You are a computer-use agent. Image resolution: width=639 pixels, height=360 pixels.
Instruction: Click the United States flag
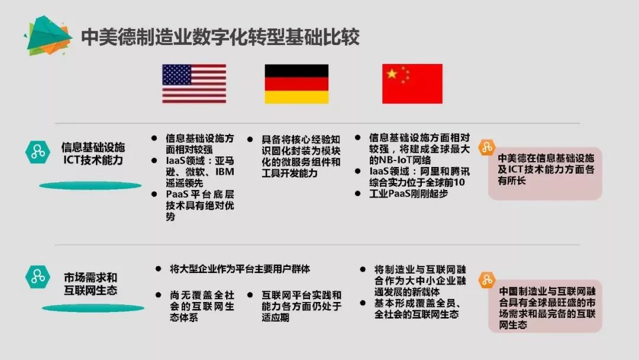click(194, 83)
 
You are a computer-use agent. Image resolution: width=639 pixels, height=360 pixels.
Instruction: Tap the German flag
click(296, 83)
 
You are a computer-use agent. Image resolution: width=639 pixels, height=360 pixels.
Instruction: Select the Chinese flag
click(412, 83)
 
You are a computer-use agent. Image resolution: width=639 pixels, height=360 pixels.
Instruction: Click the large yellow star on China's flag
click(392, 74)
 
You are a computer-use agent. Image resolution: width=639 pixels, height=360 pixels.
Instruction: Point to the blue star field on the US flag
click(177, 75)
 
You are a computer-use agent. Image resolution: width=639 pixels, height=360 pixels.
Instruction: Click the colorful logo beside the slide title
click(48, 36)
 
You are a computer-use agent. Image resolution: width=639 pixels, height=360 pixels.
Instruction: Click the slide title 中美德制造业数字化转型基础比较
click(220, 37)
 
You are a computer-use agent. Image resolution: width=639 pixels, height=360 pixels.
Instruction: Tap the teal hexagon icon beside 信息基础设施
click(37, 152)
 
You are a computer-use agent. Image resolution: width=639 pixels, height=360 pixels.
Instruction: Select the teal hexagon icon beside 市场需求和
click(37, 277)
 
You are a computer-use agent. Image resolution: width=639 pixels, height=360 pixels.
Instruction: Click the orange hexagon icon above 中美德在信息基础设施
click(486, 147)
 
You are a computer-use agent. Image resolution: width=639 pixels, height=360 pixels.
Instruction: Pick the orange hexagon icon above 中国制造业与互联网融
click(486, 280)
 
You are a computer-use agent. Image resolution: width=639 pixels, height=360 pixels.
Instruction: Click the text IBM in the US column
click(225, 172)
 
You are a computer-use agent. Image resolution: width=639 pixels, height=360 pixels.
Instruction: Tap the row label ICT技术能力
click(93, 160)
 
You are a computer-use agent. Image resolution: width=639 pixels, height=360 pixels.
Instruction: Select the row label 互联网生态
click(91, 290)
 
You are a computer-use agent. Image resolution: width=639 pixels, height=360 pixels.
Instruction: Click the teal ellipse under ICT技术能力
click(90, 185)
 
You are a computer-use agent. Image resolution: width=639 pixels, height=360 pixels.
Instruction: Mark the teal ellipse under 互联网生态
click(93, 308)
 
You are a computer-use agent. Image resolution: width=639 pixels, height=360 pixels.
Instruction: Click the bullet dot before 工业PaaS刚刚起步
click(358, 193)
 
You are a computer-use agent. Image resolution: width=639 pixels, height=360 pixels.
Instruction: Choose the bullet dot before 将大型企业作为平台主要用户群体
click(158, 269)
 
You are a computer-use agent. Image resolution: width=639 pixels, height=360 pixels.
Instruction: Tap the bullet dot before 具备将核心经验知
click(250, 139)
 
